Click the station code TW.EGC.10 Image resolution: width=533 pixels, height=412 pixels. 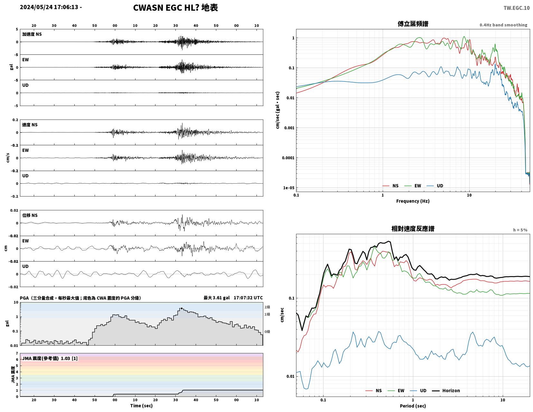516,8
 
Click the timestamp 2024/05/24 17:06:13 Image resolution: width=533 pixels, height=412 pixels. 49,7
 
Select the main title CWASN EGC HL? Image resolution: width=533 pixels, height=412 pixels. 166,8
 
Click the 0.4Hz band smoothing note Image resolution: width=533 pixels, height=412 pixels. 503,25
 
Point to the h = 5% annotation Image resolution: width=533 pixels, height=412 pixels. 520,230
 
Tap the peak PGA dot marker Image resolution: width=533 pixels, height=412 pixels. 182,309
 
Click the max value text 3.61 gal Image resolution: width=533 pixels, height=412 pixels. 221,298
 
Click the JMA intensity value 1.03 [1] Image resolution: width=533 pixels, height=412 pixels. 69,358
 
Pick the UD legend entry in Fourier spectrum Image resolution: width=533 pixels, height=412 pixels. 435,186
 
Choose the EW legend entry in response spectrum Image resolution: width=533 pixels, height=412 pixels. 396,391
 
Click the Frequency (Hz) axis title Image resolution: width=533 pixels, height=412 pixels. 413,201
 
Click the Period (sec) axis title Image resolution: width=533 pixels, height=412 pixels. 413,406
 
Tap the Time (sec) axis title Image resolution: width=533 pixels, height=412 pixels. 141,406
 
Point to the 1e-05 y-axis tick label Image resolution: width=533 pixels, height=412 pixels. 288,188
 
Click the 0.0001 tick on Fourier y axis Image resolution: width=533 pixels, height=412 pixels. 288,158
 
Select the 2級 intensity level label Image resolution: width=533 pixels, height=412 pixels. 267,307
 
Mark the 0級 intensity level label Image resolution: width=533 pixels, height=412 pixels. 267,331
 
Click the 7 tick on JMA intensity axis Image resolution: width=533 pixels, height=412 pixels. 17,353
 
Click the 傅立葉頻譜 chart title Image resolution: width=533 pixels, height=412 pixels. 413,24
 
